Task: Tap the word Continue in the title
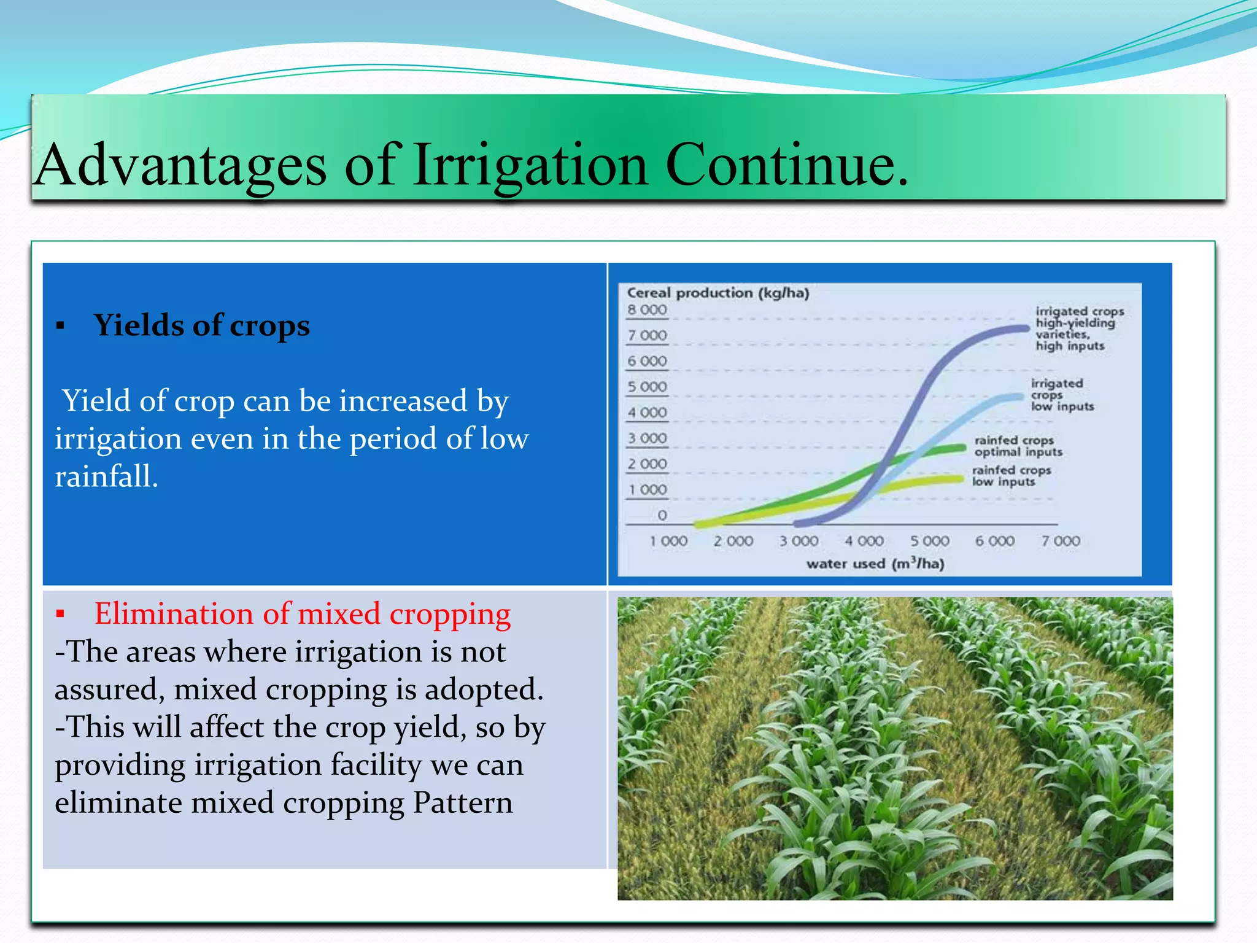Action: click(x=786, y=165)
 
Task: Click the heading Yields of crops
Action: click(x=201, y=325)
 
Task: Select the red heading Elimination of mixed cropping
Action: click(x=302, y=614)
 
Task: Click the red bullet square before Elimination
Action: click(x=60, y=614)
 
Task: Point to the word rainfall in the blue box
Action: click(x=106, y=476)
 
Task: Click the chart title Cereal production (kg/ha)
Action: click(x=717, y=293)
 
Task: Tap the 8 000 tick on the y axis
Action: click(x=647, y=310)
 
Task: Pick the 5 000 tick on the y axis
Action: click(x=647, y=387)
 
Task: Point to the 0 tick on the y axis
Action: click(x=662, y=516)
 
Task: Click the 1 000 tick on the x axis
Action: click(x=668, y=541)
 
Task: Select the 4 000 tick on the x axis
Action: click(x=864, y=541)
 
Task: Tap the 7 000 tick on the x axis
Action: click(x=1060, y=541)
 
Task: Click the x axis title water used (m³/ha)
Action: click(x=875, y=564)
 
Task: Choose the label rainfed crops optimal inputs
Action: click(x=1018, y=446)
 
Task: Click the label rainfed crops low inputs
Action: click(x=1011, y=476)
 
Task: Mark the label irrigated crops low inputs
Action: click(x=1061, y=395)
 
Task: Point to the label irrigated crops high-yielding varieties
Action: click(x=1078, y=328)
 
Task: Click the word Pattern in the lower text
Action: click(x=463, y=803)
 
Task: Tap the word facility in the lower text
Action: click(x=375, y=766)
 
